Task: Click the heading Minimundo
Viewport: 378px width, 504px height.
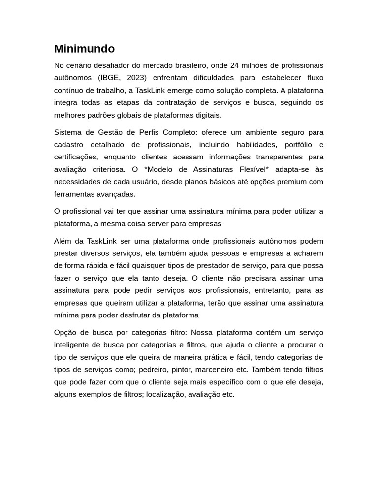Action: [84, 49]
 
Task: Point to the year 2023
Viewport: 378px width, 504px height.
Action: [136, 78]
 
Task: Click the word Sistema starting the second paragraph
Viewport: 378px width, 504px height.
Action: [68, 132]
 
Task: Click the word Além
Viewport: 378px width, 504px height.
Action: [63, 241]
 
